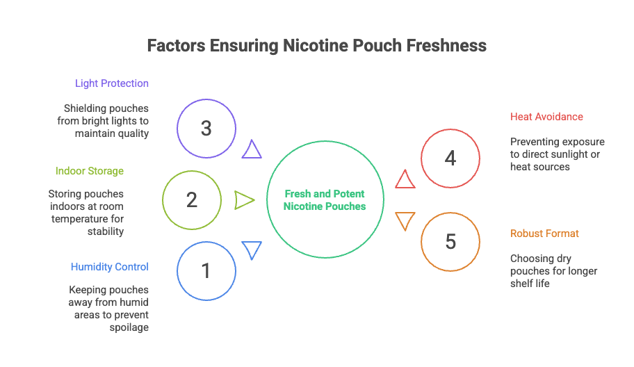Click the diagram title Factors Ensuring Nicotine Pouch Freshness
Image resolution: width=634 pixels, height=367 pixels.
316,46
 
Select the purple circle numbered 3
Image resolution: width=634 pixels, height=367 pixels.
206,128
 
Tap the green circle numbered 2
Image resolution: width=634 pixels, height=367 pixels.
192,200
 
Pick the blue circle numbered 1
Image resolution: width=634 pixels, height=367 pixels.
206,270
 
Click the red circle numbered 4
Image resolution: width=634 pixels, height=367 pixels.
450,158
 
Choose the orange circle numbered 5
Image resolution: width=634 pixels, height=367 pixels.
450,242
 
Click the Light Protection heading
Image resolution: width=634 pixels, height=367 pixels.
112,83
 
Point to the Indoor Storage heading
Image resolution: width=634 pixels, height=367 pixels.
90,171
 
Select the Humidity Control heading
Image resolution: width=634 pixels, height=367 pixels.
109,267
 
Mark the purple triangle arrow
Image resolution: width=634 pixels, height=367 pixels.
252,150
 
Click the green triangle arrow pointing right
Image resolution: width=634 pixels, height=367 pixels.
244,200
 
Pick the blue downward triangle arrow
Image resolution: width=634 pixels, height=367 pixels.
252,250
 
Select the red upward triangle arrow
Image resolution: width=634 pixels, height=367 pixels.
405,180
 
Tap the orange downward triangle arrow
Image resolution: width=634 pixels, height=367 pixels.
405,220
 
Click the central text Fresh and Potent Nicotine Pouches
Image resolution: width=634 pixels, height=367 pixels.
325,200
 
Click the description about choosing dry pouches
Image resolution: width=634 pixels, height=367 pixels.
553,270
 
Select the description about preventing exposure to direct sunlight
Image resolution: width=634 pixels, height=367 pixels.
557,154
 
